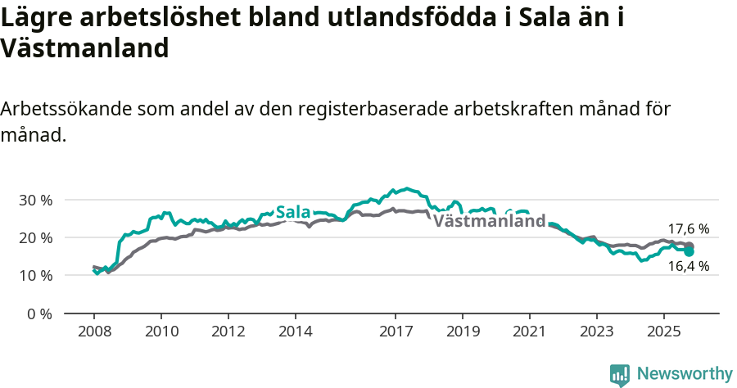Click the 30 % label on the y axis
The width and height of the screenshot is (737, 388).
click(35, 200)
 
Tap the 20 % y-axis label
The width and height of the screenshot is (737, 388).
click(35, 237)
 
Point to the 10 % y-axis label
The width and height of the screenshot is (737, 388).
click(35, 276)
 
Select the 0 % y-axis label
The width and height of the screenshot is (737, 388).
click(39, 314)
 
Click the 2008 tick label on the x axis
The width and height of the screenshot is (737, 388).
click(94, 332)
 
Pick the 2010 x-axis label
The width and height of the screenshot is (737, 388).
click(161, 332)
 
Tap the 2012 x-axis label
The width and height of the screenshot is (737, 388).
click(228, 332)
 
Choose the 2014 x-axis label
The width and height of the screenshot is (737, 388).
click(296, 332)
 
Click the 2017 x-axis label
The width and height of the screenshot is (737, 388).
click(396, 332)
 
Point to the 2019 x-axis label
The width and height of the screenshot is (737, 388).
click(463, 332)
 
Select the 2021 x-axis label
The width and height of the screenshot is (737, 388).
click(530, 332)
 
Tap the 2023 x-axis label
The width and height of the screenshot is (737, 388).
click(596, 332)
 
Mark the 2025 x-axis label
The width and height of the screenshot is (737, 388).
click(663, 332)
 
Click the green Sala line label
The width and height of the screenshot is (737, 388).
click(293, 213)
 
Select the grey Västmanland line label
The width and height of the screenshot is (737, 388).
click(489, 221)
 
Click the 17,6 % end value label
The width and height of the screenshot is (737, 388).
click(689, 229)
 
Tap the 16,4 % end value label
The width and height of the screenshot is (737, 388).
click(689, 265)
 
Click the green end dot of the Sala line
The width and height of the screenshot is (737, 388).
click(690, 251)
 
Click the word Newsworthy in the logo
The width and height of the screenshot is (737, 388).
click(685, 374)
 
